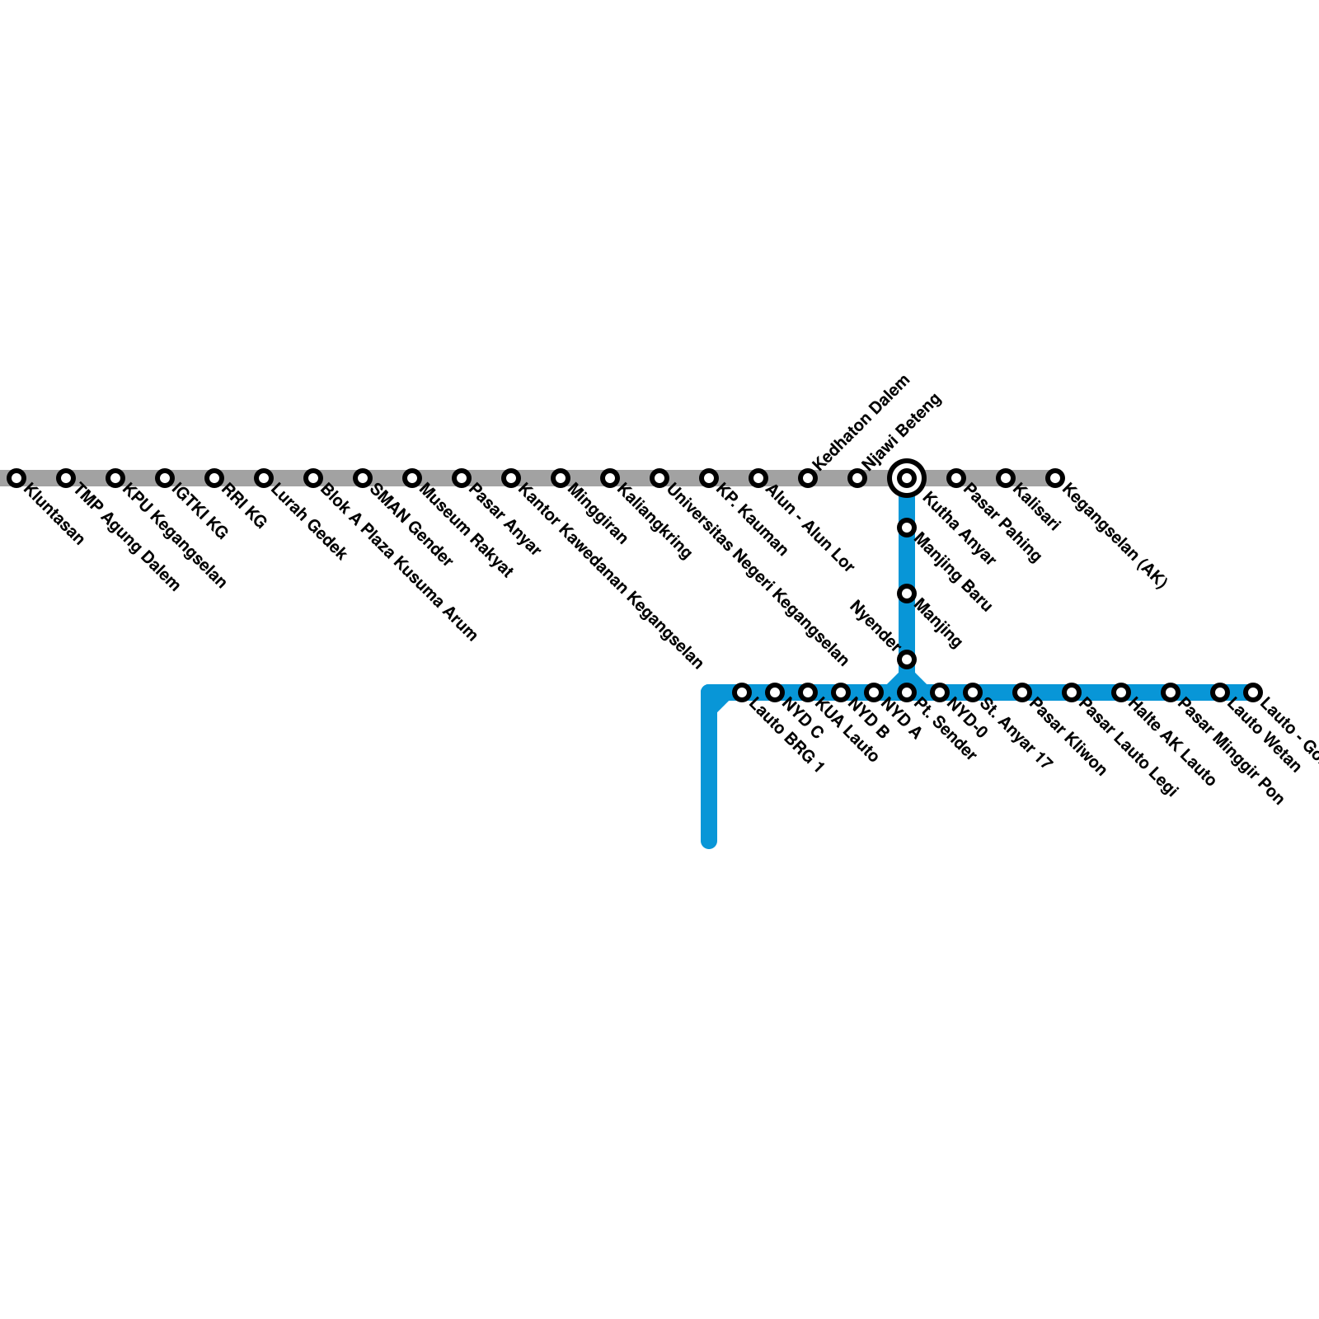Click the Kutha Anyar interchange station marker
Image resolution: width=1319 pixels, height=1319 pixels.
click(x=907, y=478)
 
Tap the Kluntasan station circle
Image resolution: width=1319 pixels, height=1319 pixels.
click(x=16, y=478)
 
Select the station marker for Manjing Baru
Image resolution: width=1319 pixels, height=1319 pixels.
click(x=907, y=528)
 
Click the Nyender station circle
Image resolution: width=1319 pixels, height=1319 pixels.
click(x=907, y=659)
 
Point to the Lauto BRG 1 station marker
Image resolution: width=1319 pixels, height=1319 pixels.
click(x=742, y=692)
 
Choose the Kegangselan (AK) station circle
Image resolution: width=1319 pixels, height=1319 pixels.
click(x=1055, y=478)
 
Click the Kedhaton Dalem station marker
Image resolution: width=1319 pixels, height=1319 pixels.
click(x=808, y=478)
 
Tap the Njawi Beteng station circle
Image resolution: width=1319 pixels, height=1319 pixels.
click(x=857, y=478)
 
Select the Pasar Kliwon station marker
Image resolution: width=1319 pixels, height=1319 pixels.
click(x=1022, y=692)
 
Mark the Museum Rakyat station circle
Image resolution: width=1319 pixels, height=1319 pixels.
click(x=412, y=478)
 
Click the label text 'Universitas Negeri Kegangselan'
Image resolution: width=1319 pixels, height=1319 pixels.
click(x=758, y=575)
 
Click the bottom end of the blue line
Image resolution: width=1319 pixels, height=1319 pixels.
click(x=709, y=841)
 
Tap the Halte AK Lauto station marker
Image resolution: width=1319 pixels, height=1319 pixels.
click(x=1121, y=692)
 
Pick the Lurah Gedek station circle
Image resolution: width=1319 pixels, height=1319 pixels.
click(x=264, y=478)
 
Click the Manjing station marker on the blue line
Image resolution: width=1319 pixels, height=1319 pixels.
click(x=907, y=594)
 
